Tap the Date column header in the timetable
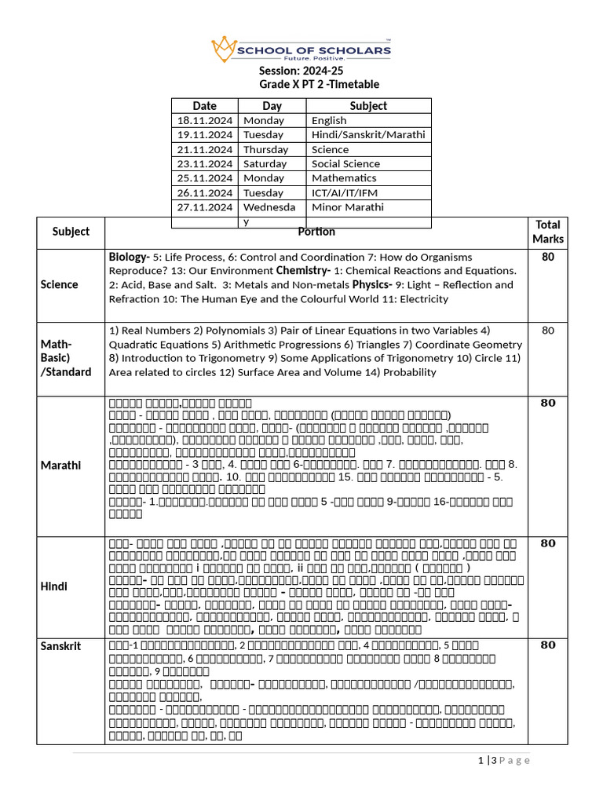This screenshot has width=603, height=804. pos(204,106)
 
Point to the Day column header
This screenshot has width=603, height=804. pos(272,106)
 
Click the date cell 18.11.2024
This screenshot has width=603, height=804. pos(205,121)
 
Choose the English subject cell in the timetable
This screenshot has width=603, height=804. pos(329,121)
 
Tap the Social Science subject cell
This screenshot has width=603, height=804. pos(345,164)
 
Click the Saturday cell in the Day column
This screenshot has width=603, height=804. pos(265,164)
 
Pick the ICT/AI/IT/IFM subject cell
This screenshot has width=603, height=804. pos(344,192)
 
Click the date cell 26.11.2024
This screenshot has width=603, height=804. pos(205,192)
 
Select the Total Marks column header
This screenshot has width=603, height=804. pos(547,232)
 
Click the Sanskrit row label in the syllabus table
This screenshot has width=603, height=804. pos(60,645)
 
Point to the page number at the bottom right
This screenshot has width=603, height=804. pos(503,760)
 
